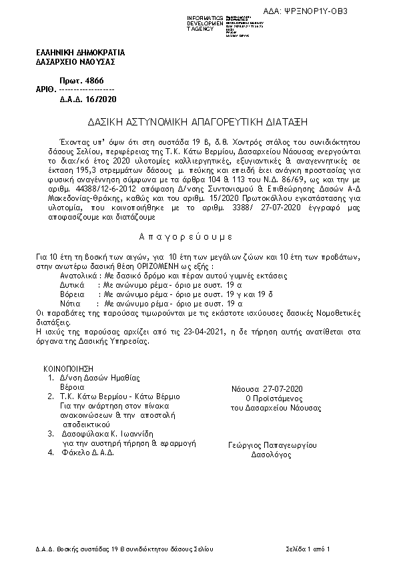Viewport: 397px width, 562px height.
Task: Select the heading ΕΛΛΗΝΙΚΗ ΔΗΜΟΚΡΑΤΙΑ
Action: click(x=80, y=53)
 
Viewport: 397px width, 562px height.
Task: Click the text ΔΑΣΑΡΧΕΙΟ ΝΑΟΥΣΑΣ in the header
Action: click(x=75, y=62)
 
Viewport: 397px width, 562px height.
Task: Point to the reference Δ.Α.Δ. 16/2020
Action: click(x=83, y=99)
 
